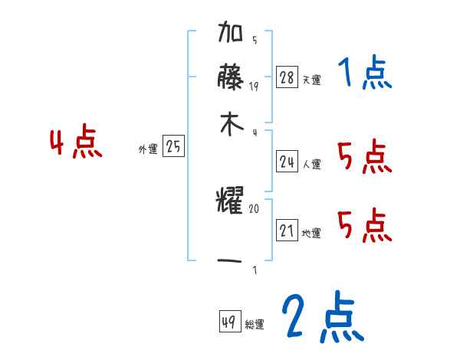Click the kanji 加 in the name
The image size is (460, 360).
pos(231,35)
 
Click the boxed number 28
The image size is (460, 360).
pos(287,77)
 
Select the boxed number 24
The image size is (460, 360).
pos(287,162)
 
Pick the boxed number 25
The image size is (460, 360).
pos(173,148)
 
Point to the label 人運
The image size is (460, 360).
pos(311,164)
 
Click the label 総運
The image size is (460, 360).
pos(255,325)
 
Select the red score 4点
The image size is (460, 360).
pos(75,144)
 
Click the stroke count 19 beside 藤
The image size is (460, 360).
pos(255,86)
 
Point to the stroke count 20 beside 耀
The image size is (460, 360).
pos(255,208)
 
